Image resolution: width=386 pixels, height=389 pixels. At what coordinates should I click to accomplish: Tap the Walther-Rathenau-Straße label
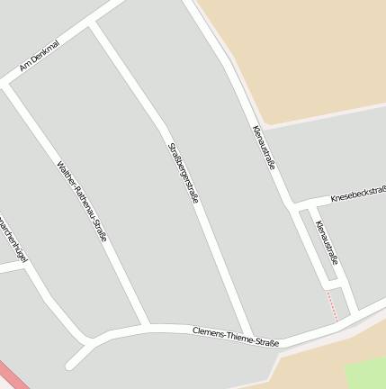coord(82,202)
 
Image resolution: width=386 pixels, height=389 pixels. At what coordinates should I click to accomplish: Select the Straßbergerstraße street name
coord(182,171)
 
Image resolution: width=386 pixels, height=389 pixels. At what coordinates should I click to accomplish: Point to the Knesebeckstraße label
coord(358,193)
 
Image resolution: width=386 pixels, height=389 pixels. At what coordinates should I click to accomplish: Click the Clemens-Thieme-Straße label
coord(236,337)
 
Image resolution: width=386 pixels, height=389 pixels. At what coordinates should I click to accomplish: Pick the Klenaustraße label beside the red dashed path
coord(327,243)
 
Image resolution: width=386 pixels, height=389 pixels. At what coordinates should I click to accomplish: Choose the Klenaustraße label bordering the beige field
coord(263,147)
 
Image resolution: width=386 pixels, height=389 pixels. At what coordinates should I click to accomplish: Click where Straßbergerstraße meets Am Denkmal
coord(94,28)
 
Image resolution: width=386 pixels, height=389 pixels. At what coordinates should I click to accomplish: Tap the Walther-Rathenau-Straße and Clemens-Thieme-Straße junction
coord(144,325)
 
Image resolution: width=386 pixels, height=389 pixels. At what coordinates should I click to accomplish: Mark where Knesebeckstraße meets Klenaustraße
coord(294,204)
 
